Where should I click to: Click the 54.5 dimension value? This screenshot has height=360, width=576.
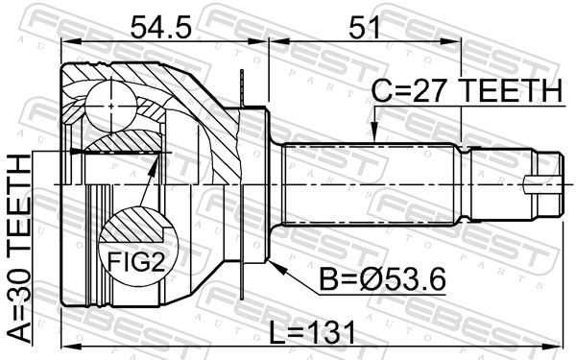(x=160, y=27)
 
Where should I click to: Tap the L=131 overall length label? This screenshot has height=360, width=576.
(x=312, y=332)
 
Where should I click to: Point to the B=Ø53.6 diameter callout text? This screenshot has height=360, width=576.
(x=382, y=279)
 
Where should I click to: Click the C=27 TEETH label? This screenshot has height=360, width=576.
(x=467, y=90)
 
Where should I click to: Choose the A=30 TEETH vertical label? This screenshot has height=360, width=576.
(x=19, y=249)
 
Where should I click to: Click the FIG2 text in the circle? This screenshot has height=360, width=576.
(x=136, y=262)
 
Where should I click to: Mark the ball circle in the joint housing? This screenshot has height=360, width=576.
(x=111, y=106)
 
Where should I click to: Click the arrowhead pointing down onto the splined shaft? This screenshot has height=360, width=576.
(x=374, y=132)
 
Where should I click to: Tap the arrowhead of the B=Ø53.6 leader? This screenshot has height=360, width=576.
(x=277, y=268)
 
